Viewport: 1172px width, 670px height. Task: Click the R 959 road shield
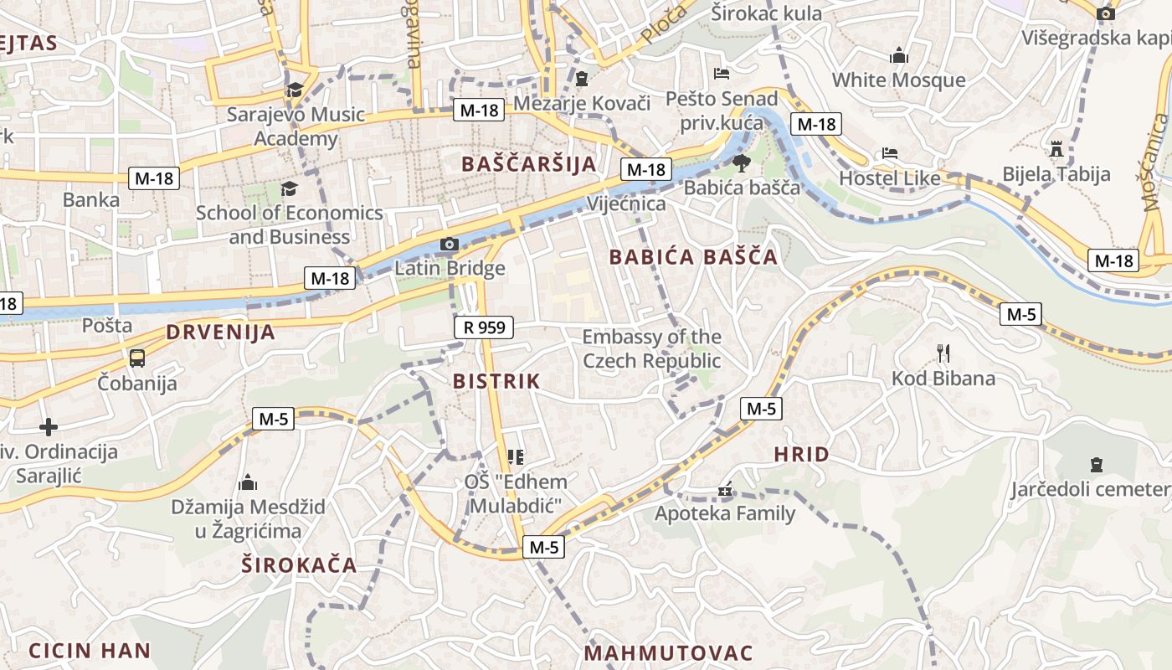pyautogui.click(x=484, y=327)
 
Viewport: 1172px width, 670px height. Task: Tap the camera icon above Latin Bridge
pyautogui.click(x=450, y=245)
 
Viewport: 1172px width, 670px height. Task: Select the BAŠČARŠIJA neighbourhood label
pyautogui.click(x=529, y=164)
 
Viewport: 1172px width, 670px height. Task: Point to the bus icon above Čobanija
pyautogui.click(x=137, y=358)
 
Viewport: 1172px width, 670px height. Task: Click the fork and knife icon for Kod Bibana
pyautogui.click(x=943, y=353)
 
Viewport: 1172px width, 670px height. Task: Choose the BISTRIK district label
pyautogui.click(x=496, y=381)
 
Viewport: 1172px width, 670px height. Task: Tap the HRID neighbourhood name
pyautogui.click(x=801, y=455)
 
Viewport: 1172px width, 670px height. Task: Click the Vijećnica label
pyautogui.click(x=627, y=204)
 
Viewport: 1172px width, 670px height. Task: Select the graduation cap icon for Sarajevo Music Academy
pyautogui.click(x=295, y=90)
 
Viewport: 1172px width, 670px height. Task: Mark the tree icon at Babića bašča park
pyautogui.click(x=742, y=162)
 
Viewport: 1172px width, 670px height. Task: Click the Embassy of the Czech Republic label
pyautogui.click(x=651, y=349)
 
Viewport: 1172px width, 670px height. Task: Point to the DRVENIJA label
pyautogui.click(x=220, y=332)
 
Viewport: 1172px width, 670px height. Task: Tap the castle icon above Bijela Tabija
pyautogui.click(x=1056, y=149)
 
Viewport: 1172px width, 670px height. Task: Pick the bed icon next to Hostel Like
pyautogui.click(x=889, y=154)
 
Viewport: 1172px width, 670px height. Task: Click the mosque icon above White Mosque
pyautogui.click(x=899, y=56)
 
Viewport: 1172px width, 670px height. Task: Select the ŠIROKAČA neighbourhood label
pyautogui.click(x=300, y=564)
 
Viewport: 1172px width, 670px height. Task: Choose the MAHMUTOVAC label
pyautogui.click(x=669, y=653)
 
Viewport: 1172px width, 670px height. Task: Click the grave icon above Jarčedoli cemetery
pyautogui.click(x=1096, y=465)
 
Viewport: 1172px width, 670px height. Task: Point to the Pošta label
pyautogui.click(x=107, y=325)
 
